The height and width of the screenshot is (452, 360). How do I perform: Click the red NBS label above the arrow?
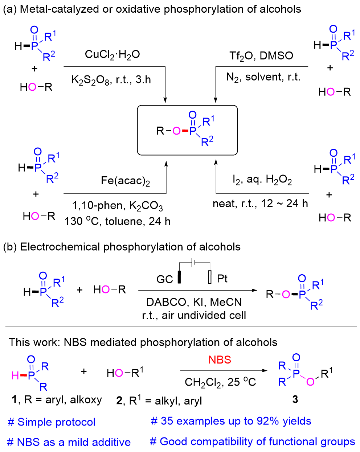pyautogui.click(x=220, y=360)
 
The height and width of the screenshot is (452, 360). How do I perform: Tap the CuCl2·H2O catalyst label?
pyautogui.click(x=112, y=55)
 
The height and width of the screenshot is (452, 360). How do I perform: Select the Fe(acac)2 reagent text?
pyautogui.click(x=125, y=181)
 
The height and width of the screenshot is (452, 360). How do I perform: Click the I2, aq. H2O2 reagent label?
pyautogui.click(x=262, y=180)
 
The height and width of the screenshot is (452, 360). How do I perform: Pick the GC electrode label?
pyautogui.click(x=164, y=279)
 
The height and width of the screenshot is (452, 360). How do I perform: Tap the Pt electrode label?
pyautogui.click(x=222, y=279)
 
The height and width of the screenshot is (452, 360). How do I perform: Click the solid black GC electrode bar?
pyautogui.click(x=179, y=277)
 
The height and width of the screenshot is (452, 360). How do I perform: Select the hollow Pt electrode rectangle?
pyautogui.click(x=209, y=277)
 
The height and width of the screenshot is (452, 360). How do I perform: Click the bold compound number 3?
pyautogui.click(x=295, y=399)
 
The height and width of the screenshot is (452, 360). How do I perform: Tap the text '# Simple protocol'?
pyautogui.click(x=52, y=422)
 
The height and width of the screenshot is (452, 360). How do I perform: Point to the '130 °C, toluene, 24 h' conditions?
pyautogui.click(x=118, y=221)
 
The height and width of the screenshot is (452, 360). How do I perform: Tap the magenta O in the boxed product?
pyautogui.click(x=176, y=131)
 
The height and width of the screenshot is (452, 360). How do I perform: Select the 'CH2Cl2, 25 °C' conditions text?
pyautogui.click(x=220, y=382)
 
